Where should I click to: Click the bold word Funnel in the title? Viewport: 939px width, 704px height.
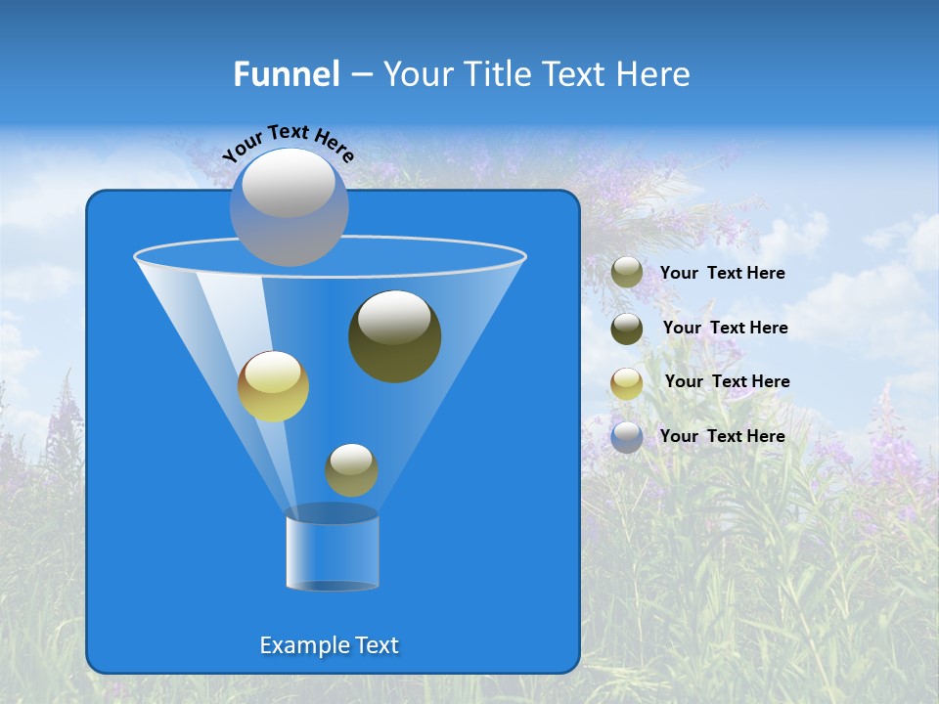coord(287,74)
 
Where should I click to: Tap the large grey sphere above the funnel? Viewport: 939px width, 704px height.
coord(289,207)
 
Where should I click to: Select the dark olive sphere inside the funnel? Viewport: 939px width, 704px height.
coord(395,337)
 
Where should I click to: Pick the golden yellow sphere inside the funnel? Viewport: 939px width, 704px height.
coord(273,386)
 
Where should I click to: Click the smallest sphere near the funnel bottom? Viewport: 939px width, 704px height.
coord(351,469)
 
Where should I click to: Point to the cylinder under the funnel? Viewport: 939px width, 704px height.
coord(333,552)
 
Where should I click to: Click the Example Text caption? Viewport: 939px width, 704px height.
coord(329,645)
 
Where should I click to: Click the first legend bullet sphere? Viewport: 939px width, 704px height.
coord(627,273)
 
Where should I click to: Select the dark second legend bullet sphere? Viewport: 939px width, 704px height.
coord(627,328)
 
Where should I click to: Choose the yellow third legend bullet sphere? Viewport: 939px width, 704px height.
coord(627,382)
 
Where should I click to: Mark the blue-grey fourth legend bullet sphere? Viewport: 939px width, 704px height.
coord(627,436)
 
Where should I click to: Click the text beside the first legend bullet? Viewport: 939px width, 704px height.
coord(722,274)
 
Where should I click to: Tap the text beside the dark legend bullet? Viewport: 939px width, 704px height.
coord(725,328)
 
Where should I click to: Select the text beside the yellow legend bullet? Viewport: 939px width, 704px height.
coord(727,381)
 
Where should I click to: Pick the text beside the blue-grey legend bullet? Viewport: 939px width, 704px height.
coord(722,436)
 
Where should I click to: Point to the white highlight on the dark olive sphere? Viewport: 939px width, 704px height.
coord(393,319)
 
